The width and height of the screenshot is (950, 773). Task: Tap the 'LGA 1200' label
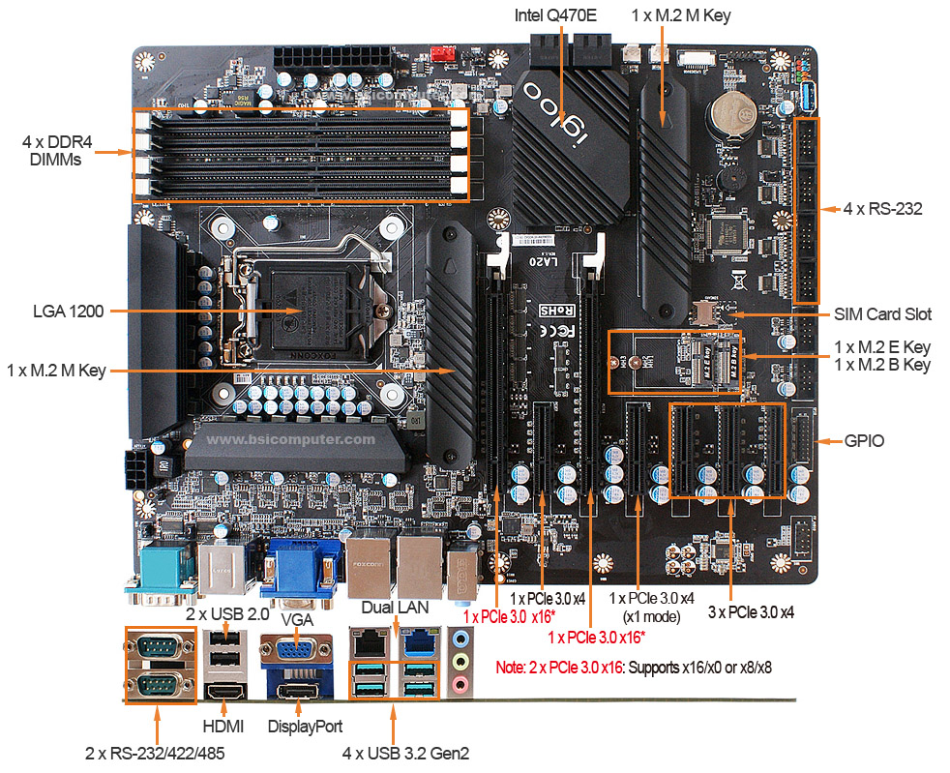tap(68, 312)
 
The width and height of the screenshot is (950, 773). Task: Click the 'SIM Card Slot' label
tap(882, 314)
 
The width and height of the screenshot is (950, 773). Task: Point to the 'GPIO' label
tap(864, 441)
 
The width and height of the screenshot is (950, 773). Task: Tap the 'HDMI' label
tap(223, 726)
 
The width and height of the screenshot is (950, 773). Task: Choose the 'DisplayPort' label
tap(305, 726)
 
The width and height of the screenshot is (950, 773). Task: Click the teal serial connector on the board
tap(160, 576)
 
